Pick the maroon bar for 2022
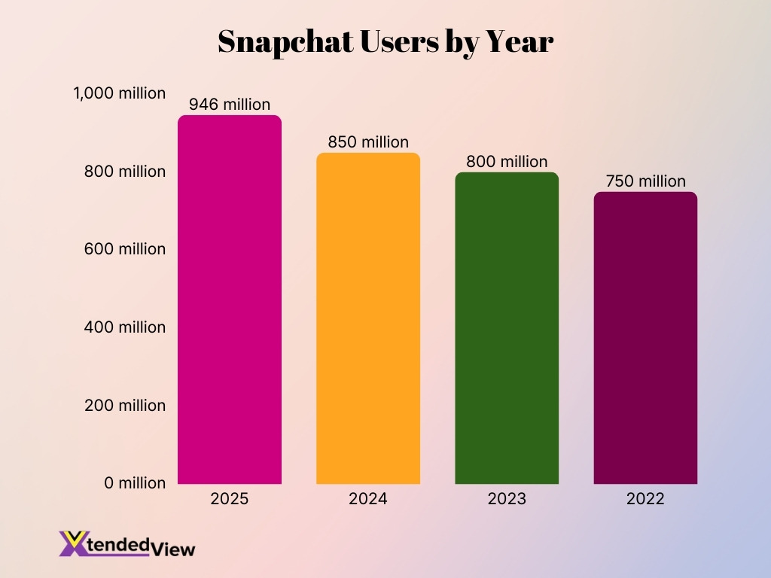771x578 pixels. click(x=645, y=338)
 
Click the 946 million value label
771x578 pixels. click(x=230, y=104)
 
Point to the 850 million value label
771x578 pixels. click(x=368, y=141)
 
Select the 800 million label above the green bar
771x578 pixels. click(x=507, y=161)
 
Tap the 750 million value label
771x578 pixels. click(x=645, y=181)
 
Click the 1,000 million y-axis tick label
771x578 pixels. click(x=119, y=93)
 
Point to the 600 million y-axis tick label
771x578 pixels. click(x=125, y=249)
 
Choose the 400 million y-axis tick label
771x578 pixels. click(x=125, y=327)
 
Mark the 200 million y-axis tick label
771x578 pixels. click(x=125, y=405)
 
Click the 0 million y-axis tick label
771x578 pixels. click(x=135, y=483)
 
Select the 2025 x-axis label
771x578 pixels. click(x=230, y=499)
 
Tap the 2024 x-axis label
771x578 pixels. click(x=368, y=499)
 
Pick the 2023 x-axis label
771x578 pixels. click(x=507, y=499)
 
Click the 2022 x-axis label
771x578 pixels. click(x=645, y=499)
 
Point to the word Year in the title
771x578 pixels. click(x=520, y=43)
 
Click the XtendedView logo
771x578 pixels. click(x=126, y=544)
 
